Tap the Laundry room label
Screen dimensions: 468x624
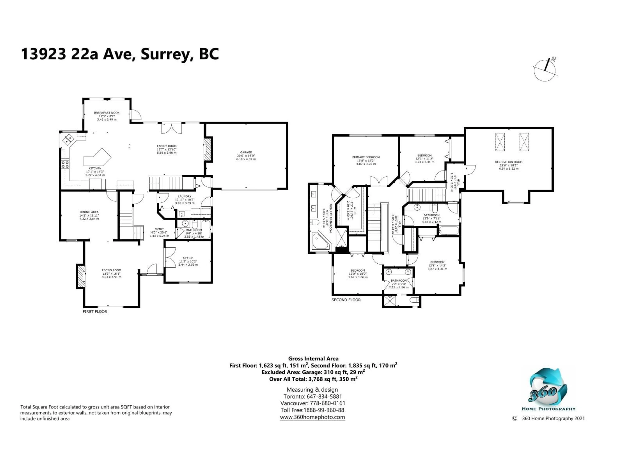[184, 196]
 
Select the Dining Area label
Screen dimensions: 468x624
[89, 212]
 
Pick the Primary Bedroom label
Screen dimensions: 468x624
[366, 157]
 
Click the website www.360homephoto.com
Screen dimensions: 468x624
[312, 417]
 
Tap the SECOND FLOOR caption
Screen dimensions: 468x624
[346, 300]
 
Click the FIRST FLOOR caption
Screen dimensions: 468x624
[95, 312]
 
